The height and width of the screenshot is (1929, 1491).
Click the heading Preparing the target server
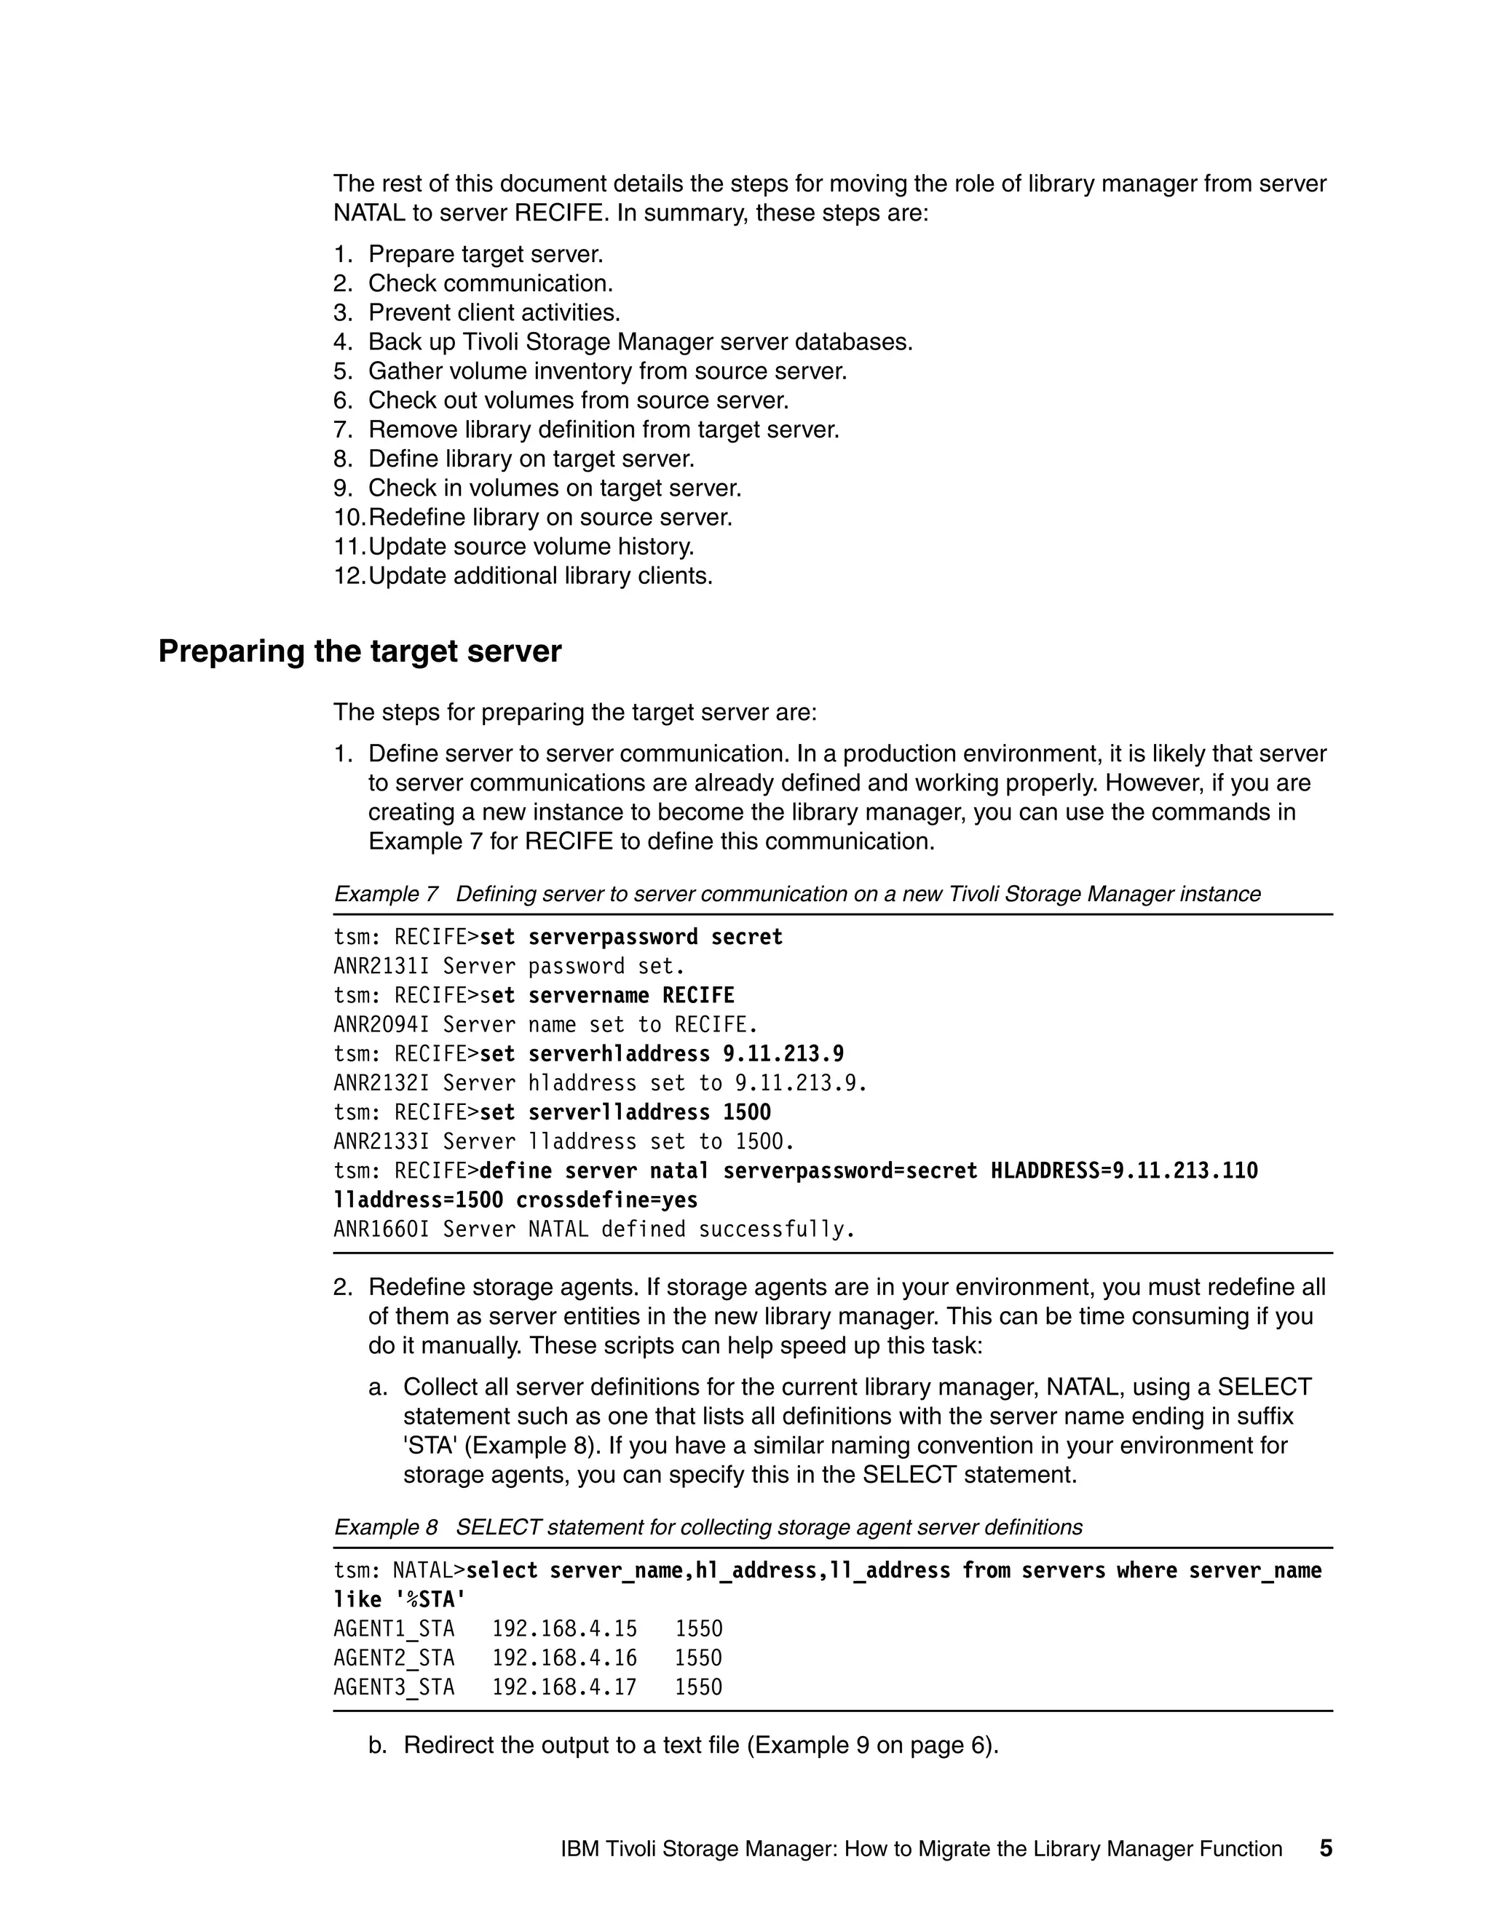(x=360, y=651)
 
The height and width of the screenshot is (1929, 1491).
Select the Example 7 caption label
(x=385, y=894)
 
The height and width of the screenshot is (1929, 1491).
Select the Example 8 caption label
(x=385, y=1527)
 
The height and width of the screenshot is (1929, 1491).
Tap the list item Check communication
(x=490, y=283)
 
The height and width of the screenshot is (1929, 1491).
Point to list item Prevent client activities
(x=494, y=313)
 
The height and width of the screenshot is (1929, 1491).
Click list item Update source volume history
(x=531, y=547)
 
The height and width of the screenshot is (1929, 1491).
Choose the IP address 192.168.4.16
(x=563, y=1657)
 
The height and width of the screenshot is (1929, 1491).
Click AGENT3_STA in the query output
(x=393, y=1687)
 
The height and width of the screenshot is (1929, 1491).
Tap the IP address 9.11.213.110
(x=1185, y=1171)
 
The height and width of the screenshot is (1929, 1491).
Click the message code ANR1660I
(x=381, y=1229)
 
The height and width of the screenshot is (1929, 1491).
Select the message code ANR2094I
(x=381, y=1025)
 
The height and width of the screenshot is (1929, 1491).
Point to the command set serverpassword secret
(x=630, y=937)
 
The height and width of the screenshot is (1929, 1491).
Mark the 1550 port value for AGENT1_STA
(x=697, y=1628)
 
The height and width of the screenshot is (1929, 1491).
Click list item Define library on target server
(x=531, y=459)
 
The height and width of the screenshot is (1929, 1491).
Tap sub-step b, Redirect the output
(x=700, y=1746)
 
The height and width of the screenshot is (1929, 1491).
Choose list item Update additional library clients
(x=539, y=576)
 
